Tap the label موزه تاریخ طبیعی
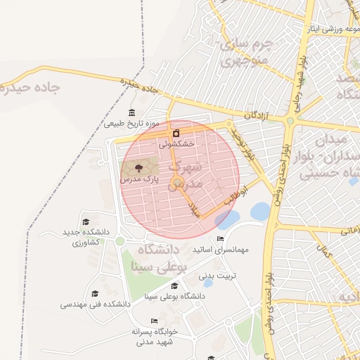(132, 124)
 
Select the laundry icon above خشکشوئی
(175, 132)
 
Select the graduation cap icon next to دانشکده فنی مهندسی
(95, 293)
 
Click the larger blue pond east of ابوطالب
(259, 211)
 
